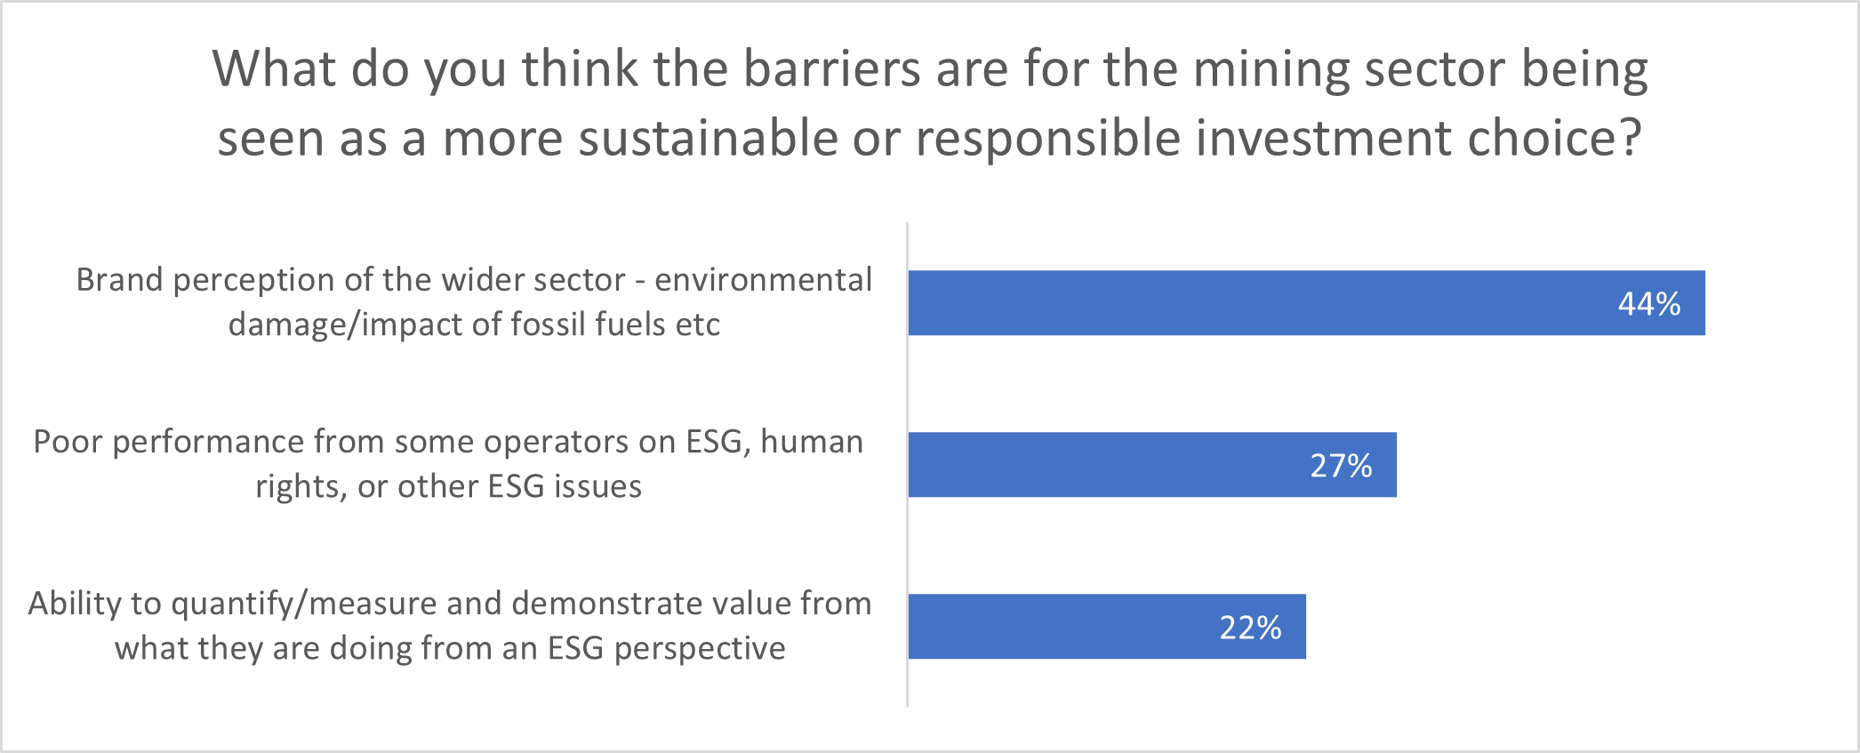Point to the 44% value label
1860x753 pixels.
tap(1649, 304)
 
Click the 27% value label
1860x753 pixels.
tap(1341, 466)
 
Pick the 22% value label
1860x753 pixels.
tap(1250, 628)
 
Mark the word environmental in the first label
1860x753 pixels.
tap(764, 280)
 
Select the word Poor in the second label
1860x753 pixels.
tap(68, 442)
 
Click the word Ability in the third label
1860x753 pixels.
tap(75, 605)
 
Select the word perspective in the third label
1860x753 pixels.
tap(700, 649)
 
